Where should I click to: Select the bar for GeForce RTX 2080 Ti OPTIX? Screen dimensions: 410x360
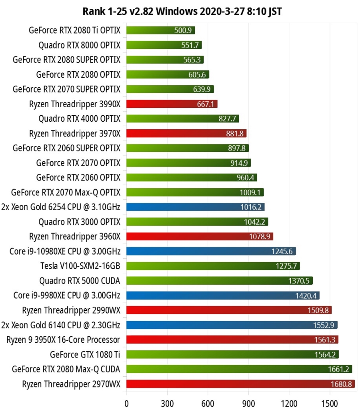pos(160,30)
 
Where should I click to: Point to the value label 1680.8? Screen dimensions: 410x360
pos(341,384)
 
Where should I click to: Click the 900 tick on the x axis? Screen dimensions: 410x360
pos(248,401)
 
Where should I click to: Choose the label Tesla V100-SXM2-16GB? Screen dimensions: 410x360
pos(80,266)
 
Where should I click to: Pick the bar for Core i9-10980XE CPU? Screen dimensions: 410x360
pos(211,251)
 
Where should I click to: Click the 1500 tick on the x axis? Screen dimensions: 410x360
pos(330,401)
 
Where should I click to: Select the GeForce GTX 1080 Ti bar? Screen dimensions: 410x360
pos(232,354)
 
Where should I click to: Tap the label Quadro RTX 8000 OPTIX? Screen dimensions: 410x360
pos(79,45)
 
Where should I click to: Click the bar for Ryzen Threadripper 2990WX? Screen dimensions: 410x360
pos(229,310)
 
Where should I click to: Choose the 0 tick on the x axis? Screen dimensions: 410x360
pos(127,401)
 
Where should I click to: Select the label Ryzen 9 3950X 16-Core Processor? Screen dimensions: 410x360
pos(63,340)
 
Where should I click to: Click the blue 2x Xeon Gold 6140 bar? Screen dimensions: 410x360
pos(232,325)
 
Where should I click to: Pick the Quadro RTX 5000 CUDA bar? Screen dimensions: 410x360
pos(219,281)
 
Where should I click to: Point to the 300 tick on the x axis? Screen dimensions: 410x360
pos(167,401)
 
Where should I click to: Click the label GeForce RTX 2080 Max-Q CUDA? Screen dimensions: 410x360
pos(66,369)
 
